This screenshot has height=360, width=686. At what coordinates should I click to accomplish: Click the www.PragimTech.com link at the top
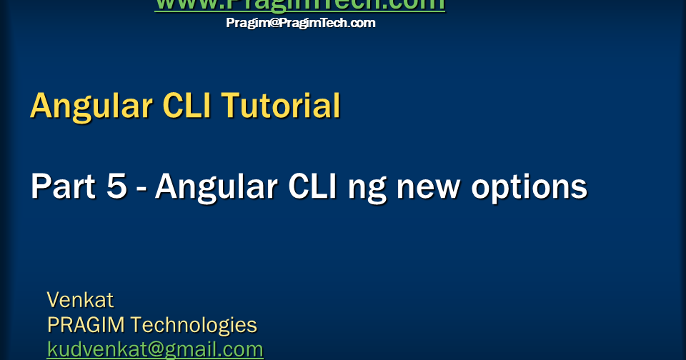[x=299, y=5]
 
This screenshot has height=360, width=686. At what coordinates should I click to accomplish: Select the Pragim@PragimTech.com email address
[x=300, y=23]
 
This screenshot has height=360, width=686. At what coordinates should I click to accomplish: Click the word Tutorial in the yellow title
[x=280, y=106]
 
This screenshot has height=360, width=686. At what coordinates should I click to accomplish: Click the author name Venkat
[x=80, y=299]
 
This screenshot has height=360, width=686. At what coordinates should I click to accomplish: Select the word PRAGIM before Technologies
[x=86, y=325]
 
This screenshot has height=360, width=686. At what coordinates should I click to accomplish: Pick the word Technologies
[x=194, y=326]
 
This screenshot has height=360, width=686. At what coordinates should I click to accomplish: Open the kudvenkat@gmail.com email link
[x=155, y=349]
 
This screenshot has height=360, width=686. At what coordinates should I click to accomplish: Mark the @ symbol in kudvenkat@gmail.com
[x=151, y=349]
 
